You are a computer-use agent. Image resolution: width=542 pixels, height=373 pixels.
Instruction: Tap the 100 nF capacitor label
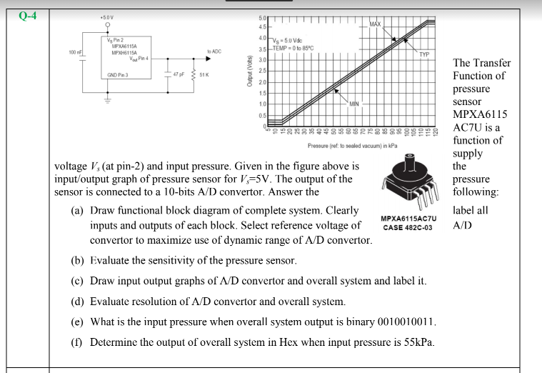(75, 52)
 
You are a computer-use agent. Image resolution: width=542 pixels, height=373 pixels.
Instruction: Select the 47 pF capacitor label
(179, 74)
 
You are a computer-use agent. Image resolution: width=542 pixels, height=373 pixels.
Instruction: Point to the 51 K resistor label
(204, 74)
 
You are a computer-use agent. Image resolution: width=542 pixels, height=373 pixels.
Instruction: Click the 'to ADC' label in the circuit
(214, 51)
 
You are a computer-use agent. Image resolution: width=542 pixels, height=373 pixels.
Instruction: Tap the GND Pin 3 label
(118, 74)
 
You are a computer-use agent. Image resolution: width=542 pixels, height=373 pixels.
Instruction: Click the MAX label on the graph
(377, 25)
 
